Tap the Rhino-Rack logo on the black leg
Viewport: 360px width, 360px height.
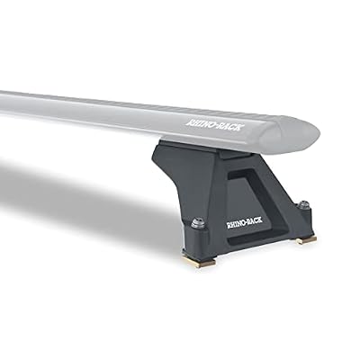coord(245,223)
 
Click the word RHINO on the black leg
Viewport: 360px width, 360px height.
coord(236,224)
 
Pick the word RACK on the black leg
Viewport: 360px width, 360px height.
coord(255,221)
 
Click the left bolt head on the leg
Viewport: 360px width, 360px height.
coord(197,223)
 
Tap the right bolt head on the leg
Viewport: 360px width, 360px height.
coord(304,204)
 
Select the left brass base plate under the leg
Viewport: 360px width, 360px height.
coord(199,262)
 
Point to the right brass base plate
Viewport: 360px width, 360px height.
coord(306,239)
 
